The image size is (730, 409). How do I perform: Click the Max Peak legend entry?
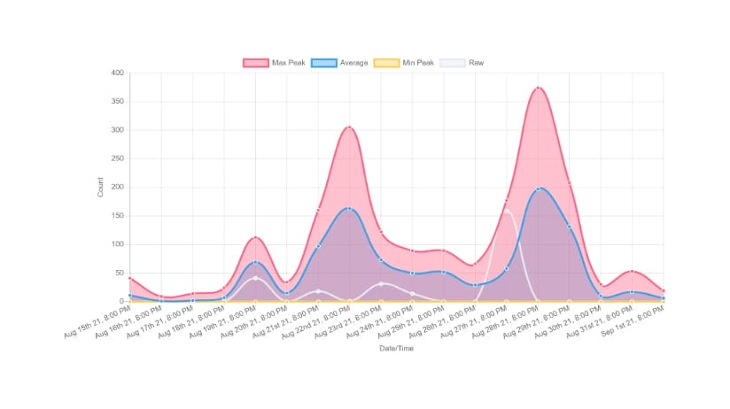pos(268,63)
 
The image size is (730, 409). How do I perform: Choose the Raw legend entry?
pos(462,63)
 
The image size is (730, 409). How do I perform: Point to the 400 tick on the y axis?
pos(117,73)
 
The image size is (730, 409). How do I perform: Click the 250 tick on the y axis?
pos(117,158)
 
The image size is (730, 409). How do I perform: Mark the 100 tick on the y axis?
pos(117,244)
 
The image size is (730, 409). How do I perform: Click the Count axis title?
pos(100,187)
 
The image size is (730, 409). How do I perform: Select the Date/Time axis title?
pos(395,349)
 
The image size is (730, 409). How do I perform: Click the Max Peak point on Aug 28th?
pos(538,89)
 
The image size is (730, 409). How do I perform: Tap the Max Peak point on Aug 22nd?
pos(349,127)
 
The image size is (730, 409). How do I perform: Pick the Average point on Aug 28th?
pos(538,189)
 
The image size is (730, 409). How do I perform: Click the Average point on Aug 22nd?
pos(349,209)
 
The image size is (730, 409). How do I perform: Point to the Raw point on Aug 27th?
pos(507,211)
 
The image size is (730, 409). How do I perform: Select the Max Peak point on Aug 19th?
pos(255,238)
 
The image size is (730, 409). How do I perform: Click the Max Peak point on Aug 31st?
pos(633,271)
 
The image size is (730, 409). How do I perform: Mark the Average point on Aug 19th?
pos(255,262)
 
